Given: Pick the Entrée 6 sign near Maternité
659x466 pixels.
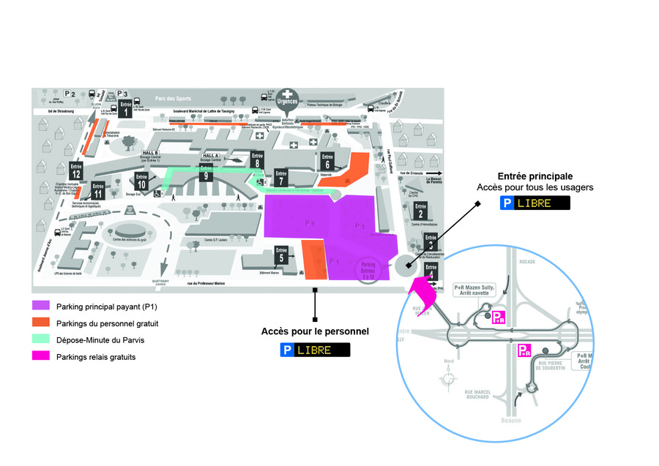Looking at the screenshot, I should (x=327, y=161).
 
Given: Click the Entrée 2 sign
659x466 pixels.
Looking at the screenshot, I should (x=420, y=211).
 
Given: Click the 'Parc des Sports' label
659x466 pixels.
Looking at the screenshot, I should (x=173, y=97).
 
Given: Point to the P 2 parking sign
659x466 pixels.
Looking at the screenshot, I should (x=70, y=94).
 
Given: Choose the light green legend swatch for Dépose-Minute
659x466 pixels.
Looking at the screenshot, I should (x=41, y=340).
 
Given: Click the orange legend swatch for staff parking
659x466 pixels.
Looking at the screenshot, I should (x=41, y=323).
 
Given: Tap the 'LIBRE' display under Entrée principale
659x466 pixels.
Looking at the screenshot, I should (x=543, y=203).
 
